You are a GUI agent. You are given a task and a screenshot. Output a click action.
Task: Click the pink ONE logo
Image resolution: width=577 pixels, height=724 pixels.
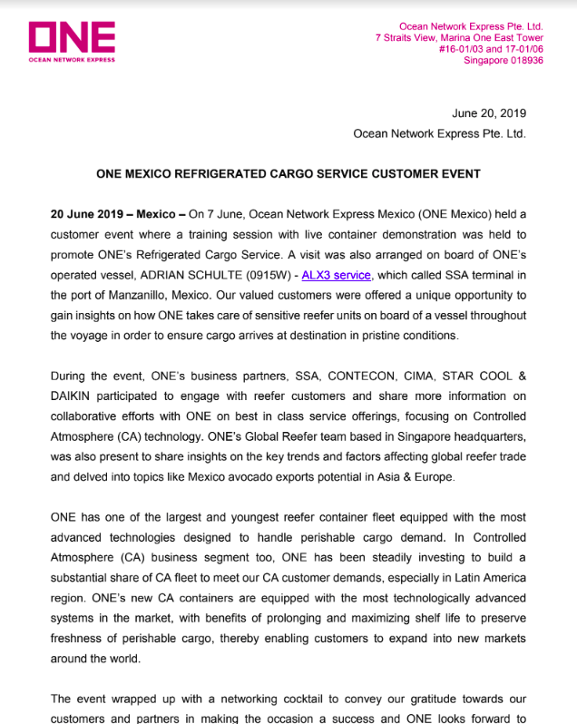[72, 37]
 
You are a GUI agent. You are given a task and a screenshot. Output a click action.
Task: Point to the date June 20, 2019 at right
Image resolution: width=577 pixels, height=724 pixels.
[488, 113]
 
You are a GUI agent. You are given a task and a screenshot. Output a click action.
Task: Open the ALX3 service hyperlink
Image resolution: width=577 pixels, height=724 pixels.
[337, 275]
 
